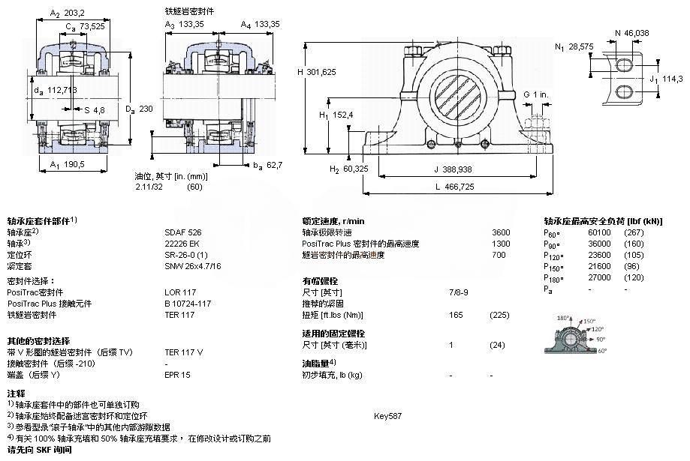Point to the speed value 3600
tap(501, 232)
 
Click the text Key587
tap(388, 415)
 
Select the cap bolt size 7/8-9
tap(457, 292)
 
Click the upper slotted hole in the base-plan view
tap(625, 66)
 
